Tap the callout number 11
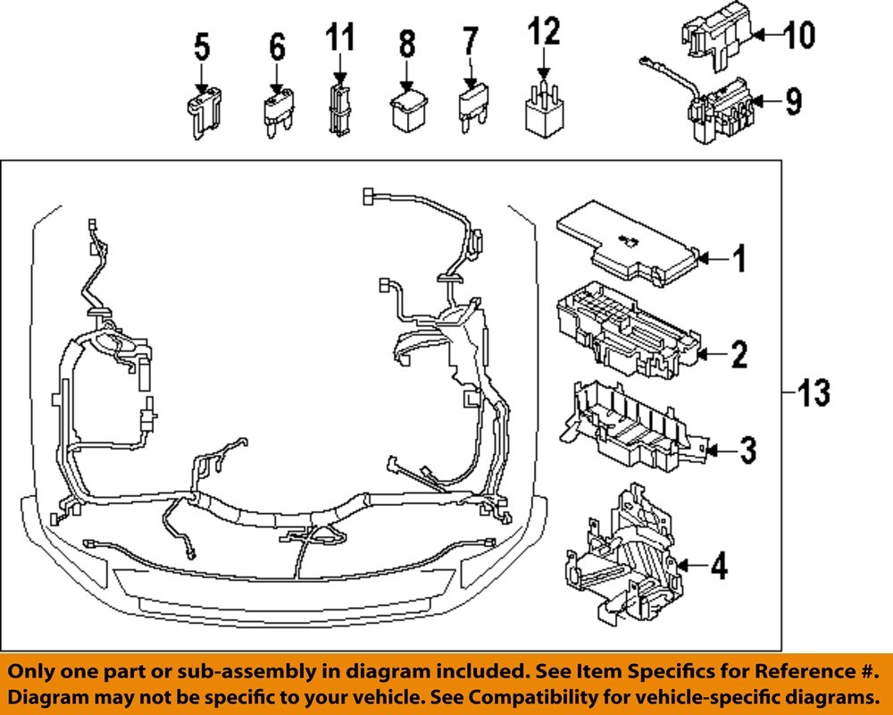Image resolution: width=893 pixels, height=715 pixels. point(339,38)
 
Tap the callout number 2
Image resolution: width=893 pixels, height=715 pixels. point(738,356)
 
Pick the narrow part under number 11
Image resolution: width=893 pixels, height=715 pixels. point(338,108)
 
